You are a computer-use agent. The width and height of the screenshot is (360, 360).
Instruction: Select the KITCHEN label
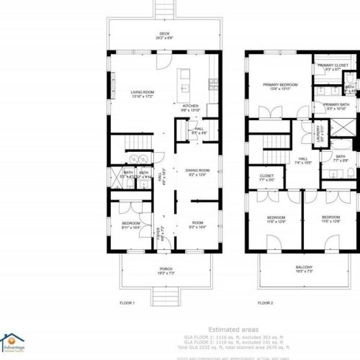(191, 105)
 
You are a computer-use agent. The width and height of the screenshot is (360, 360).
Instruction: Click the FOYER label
(161, 230)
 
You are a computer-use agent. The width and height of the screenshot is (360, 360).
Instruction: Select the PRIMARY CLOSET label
(333, 66)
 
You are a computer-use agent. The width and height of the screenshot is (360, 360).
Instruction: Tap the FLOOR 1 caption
(127, 304)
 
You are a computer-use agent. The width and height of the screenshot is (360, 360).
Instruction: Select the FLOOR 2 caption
(267, 304)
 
